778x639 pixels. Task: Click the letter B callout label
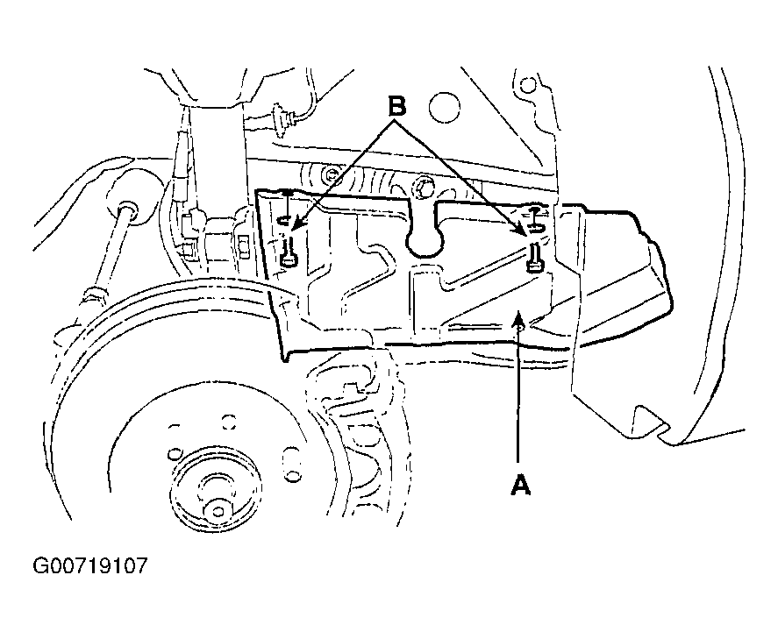tap(396, 106)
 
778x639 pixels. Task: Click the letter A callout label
tap(520, 485)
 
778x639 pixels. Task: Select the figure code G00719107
tap(90, 565)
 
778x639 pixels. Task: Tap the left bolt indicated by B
tap(289, 252)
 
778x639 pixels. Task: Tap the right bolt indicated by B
tap(534, 258)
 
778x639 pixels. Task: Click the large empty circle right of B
tap(444, 108)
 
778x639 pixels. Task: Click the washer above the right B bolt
tap(535, 227)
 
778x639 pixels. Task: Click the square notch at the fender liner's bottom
tap(648, 419)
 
